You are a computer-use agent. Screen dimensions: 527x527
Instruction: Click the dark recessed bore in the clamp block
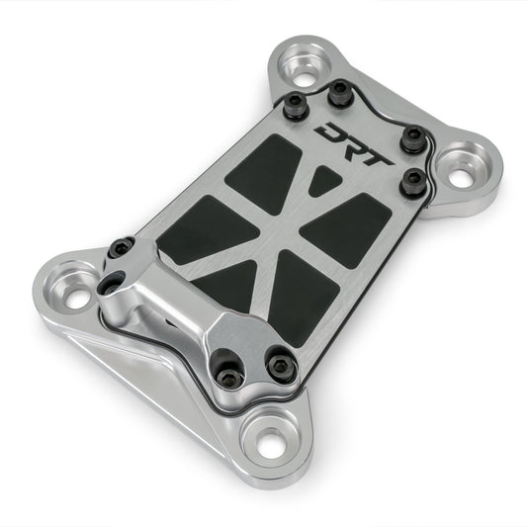(x=111, y=284)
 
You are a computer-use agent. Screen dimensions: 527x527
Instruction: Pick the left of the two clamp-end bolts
(x=231, y=373)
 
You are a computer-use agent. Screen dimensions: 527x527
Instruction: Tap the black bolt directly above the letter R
(x=339, y=93)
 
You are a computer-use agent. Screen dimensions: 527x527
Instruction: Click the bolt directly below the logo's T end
(x=412, y=179)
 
